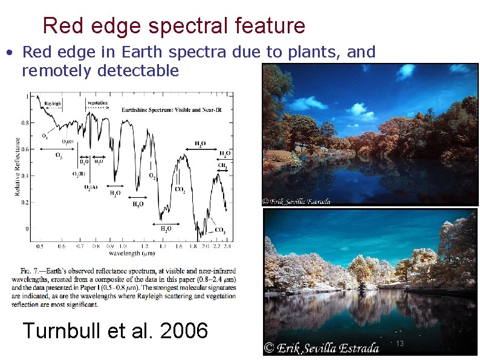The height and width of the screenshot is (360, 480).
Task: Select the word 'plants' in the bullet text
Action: click(x=315, y=53)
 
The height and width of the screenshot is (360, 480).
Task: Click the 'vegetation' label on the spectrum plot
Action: click(x=97, y=103)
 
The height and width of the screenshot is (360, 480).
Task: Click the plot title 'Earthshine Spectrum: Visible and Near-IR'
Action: click(x=164, y=110)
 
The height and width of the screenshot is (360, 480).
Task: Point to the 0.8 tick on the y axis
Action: click(x=24, y=123)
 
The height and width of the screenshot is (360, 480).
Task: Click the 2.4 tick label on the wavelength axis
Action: click(x=227, y=247)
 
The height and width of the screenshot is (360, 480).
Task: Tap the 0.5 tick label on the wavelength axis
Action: click(x=40, y=247)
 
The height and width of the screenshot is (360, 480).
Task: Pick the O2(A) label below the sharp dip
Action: click(x=91, y=187)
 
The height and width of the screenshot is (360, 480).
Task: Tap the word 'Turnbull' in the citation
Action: click(x=60, y=331)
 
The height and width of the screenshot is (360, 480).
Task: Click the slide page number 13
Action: click(x=400, y=344)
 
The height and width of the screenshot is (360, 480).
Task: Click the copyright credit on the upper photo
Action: click(x=296, y=201)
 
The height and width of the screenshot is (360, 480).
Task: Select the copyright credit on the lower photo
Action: click(x=321, y=348)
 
